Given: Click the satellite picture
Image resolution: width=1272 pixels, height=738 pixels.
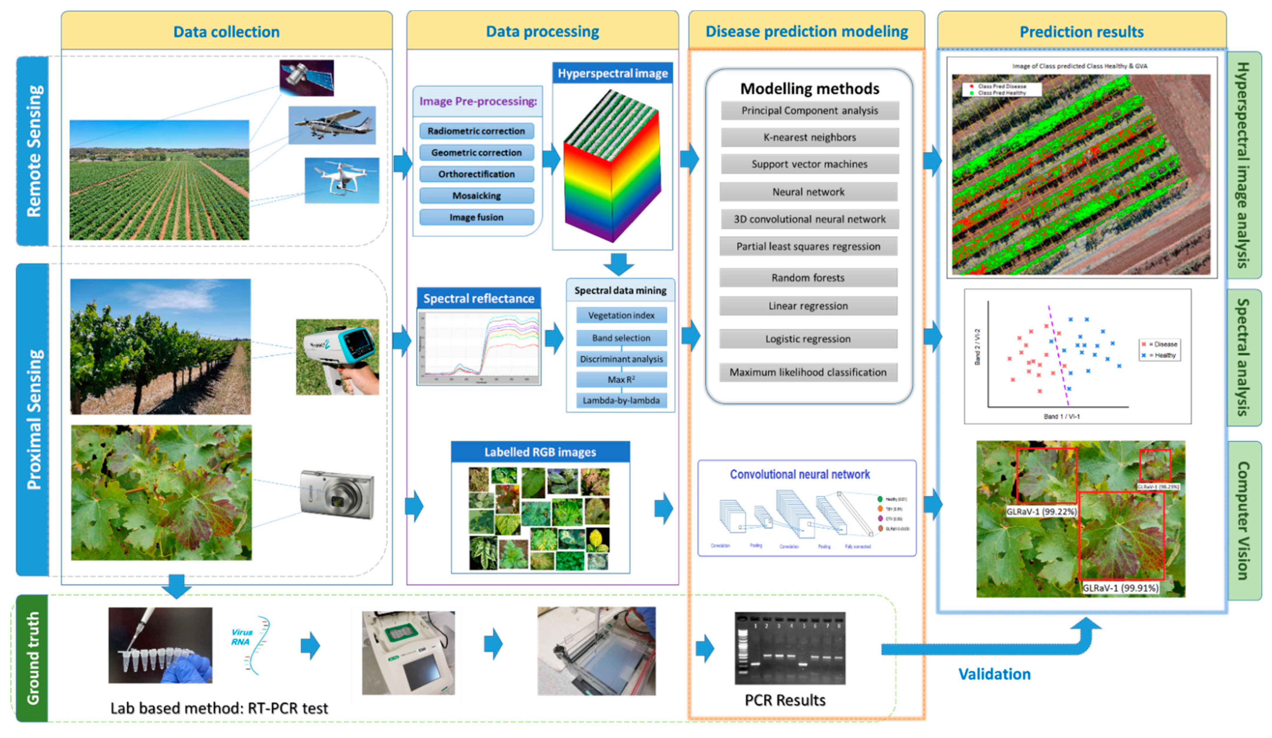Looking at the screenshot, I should tap(306, 78).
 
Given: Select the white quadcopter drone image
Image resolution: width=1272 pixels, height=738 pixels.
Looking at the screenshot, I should tap(342, 180).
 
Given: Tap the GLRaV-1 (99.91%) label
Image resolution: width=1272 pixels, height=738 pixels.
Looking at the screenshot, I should tap(1120, 588).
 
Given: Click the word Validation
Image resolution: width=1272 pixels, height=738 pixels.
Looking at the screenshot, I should tap(994, 674).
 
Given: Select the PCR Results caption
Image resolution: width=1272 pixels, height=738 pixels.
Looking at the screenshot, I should tap(785, 700).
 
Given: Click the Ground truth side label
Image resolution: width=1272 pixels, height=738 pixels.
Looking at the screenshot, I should tap(32, 658).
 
